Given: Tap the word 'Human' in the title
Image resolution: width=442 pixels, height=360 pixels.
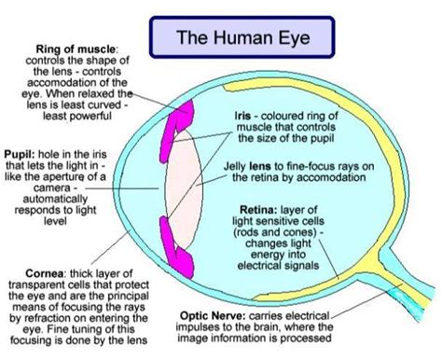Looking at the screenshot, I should pos(231,38).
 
